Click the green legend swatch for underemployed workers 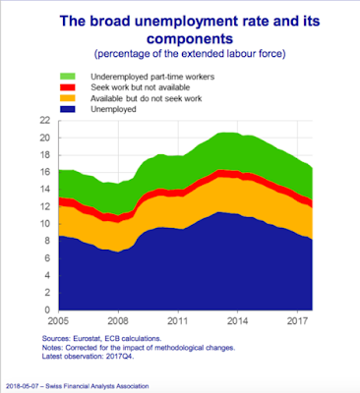tap(68, 77)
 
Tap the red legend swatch tap(68, 87)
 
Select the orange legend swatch tap(68, 98)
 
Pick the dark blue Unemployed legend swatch tap(68, 109)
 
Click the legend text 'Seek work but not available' tap(141, 87)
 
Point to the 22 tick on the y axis tap(44, 121)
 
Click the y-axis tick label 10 tap(44, 224)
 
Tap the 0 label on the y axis tap(47, 309)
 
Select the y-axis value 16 tap(44, 172)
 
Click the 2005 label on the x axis tap(59, 320)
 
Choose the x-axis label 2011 tap(178, 320)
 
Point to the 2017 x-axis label tap(297, 320)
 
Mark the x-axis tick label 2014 tap(238, 320)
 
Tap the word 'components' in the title tap(190, 39)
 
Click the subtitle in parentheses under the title tap(190, 53)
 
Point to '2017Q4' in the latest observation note tap(120, 357)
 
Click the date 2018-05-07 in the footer tap(20, 386)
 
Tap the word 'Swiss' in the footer tap(53, 386)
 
